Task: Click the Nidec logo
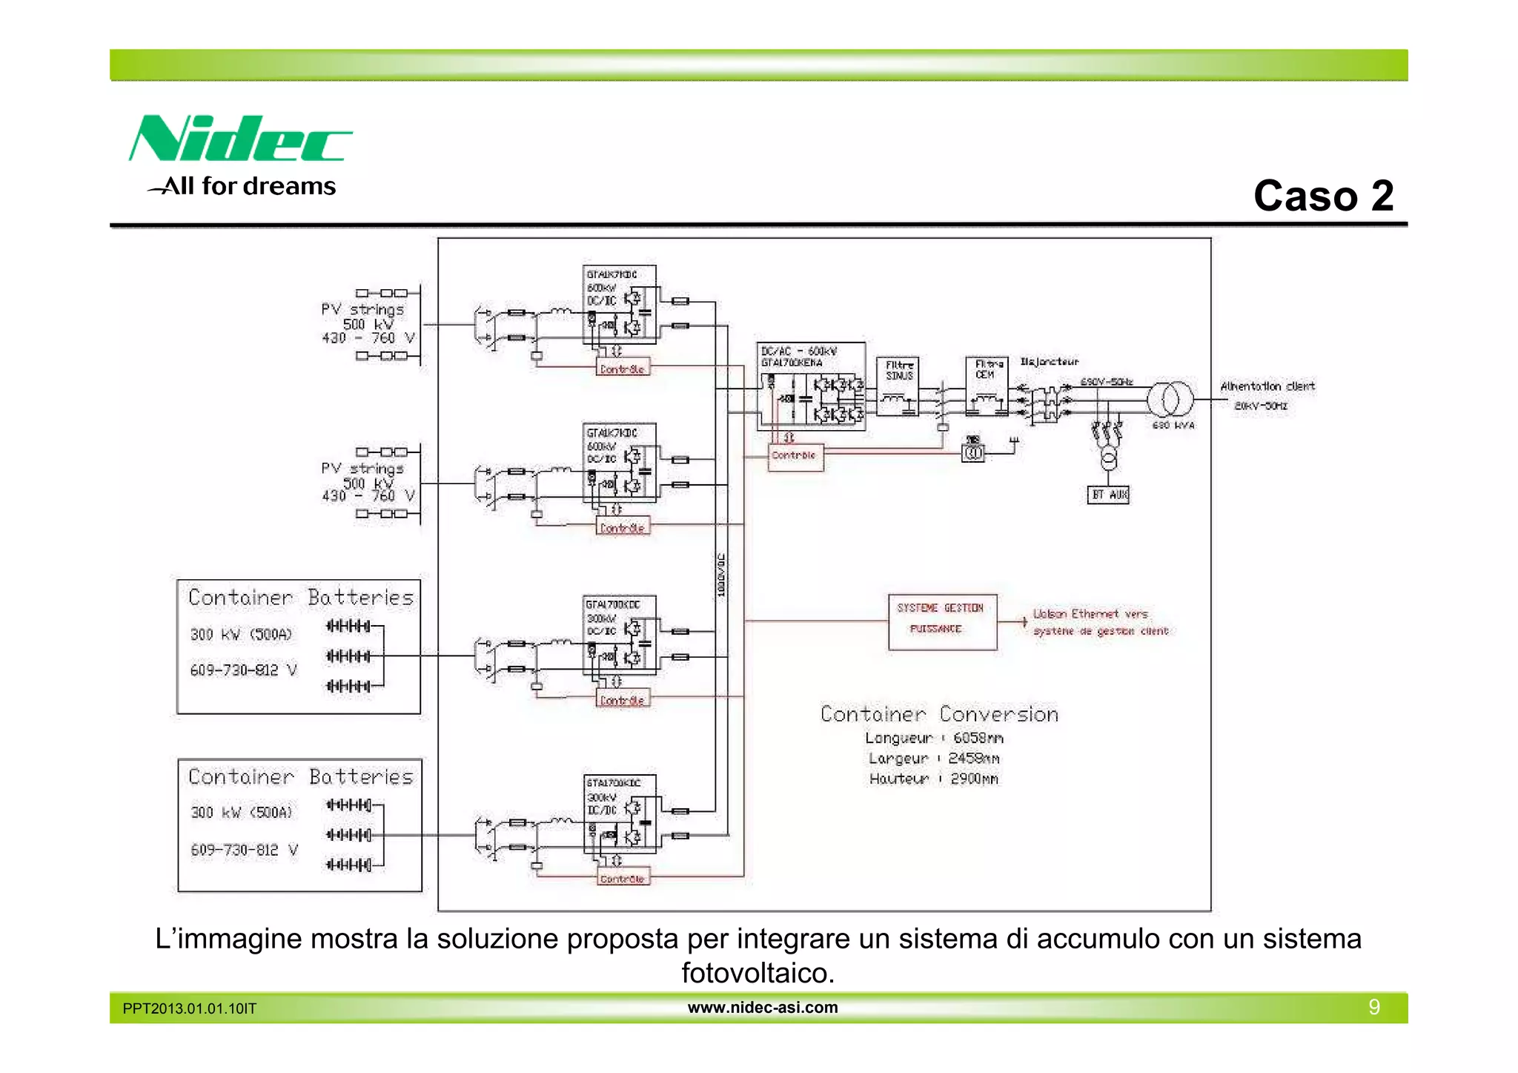[x=241, y=139]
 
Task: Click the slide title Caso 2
[x=1323, y=196]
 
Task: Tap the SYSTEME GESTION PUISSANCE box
[x=942, y=622]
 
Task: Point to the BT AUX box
[x=1108, y=495]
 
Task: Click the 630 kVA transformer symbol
[x=1170, y=400]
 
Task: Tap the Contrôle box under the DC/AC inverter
[x=795, y=455]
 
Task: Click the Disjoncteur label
[x=1049, y=362]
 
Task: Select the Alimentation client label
[x=1267, y=386]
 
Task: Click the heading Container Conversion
[x=939, y=714]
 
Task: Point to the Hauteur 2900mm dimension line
[x=934, y=779]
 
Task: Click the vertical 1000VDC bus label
[x=721, y=575]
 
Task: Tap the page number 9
[x=1373, y=1007]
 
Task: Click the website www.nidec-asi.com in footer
[x=762, y=1007]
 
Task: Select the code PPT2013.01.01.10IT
[x=190, y=1008]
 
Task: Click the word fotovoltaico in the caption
[x=758, y=973]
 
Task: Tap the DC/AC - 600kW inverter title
[x=799, y=351]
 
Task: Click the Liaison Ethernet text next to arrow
[x=1090, y=614]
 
